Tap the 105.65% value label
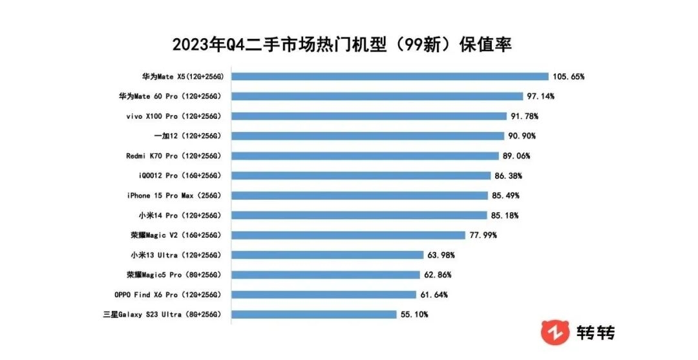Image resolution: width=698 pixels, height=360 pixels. (569, 76)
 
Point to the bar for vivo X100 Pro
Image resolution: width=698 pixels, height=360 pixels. (369, 116)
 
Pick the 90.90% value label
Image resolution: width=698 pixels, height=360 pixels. (522, 136)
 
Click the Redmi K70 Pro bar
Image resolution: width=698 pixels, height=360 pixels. (365, 156)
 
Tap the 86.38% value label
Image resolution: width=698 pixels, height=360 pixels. (508, 176)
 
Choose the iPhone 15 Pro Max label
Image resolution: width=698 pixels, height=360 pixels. (175, 195)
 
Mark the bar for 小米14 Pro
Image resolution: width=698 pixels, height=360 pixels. (359, 215)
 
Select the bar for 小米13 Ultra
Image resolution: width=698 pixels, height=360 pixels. (327, 255)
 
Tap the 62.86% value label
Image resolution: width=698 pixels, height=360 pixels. (438, 275)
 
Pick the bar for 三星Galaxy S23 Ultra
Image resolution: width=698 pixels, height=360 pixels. (314, 315)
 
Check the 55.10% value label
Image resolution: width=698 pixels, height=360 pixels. (414, 315)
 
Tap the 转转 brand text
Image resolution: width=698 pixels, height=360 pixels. (595, 332)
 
